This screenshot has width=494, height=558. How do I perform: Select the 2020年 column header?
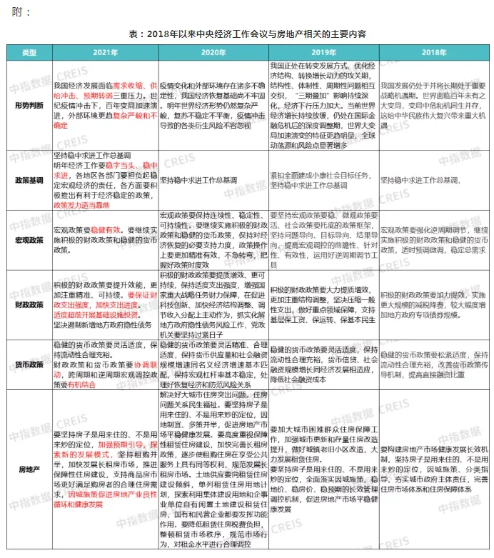[213, 54]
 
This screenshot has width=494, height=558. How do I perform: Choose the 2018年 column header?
[433, 54]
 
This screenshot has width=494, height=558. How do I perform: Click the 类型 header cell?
[29, 54]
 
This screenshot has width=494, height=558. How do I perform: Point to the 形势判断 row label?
[29, 104]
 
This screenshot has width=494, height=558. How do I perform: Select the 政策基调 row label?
[29, 180]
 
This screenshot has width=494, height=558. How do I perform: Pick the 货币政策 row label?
[29, 364]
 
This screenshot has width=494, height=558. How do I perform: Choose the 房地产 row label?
[29, 469]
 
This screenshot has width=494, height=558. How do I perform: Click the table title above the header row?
[247, 34]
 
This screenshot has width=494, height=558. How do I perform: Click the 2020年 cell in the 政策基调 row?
[213, 180]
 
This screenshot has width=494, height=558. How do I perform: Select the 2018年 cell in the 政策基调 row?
[433, 180]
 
